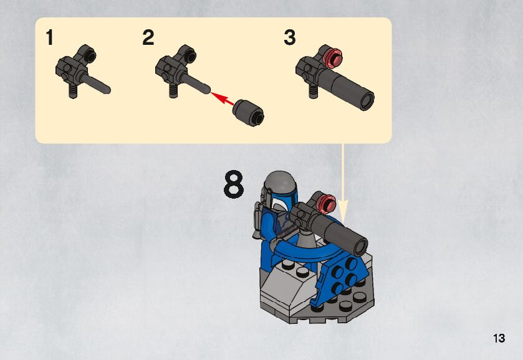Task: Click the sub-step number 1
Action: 50,37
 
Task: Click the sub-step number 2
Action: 148,37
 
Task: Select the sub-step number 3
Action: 289,37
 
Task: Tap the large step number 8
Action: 234,184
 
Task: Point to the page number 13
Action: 499,338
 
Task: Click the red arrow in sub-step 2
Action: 223,98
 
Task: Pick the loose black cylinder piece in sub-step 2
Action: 248,112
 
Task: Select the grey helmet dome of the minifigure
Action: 280,182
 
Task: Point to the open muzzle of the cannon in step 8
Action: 360,247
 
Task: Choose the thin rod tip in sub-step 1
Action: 107,90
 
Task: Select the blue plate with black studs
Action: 343,278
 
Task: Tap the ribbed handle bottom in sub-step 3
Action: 313,91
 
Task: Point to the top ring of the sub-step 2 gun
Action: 188,55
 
